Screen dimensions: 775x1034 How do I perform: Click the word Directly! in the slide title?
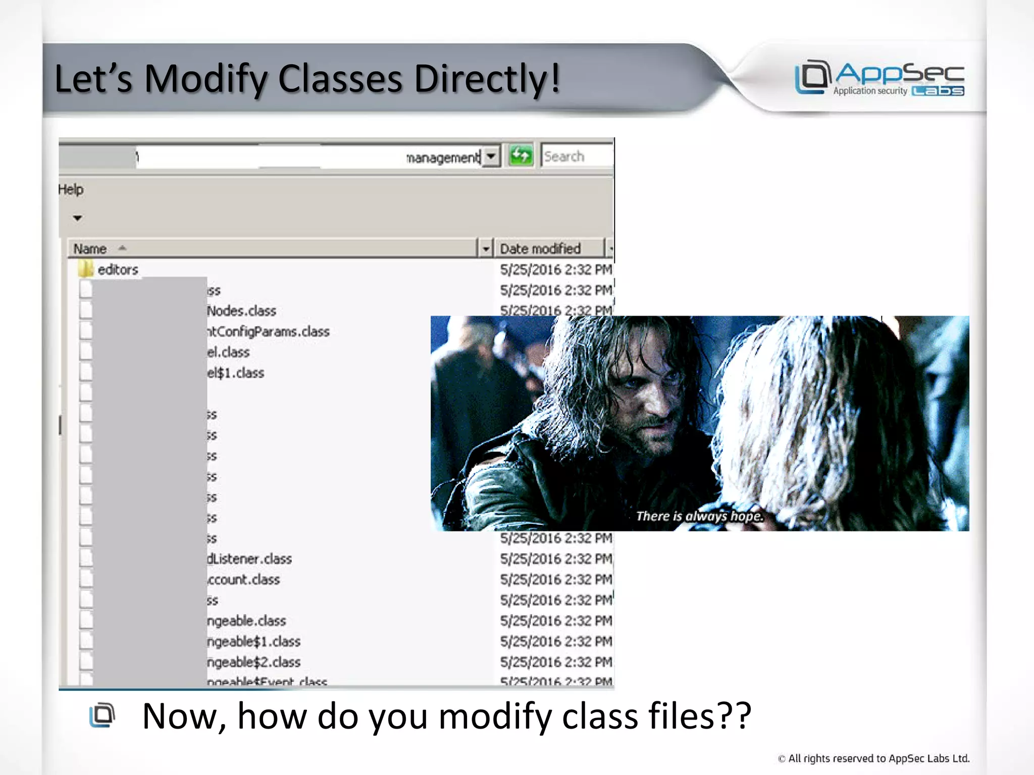487,79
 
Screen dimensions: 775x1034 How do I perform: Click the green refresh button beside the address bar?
521,156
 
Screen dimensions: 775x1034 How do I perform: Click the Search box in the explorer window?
576,156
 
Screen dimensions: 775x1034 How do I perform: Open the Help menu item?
71,190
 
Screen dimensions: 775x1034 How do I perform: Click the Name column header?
90,249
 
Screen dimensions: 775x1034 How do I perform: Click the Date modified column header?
540,249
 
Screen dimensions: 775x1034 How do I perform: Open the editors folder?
117,269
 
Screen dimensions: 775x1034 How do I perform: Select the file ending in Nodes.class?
241,311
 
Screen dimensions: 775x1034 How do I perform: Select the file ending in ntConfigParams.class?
268,331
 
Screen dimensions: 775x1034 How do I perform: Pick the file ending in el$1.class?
235,373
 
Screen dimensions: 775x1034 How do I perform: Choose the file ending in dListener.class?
249,559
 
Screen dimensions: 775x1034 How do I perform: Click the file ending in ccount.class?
243,580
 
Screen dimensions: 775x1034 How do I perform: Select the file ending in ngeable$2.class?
253,662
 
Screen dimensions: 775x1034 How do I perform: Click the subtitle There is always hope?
699,516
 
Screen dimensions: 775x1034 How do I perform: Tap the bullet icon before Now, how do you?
102,715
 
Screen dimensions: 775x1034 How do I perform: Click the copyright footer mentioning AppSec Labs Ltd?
873,758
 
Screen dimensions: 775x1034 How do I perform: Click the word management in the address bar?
443,158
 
